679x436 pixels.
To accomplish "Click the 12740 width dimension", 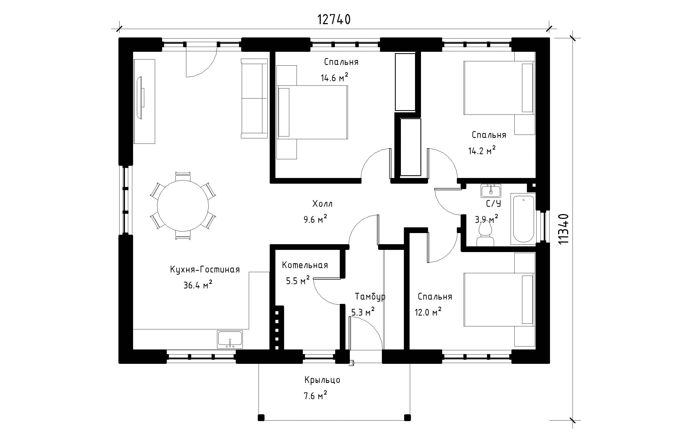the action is [x=334, y=20].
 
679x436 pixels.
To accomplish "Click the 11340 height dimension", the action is [x=563, y=229].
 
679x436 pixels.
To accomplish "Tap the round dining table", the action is [x=183, y=206].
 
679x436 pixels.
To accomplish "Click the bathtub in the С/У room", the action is [x=523, y=219].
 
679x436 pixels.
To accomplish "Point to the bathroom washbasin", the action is [x=491, y=191].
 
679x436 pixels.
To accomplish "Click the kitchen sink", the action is [x=230, y=339].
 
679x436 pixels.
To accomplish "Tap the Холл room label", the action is [x=322, y=203].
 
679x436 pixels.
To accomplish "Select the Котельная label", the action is [x=305, y=265].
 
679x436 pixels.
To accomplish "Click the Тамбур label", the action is [x=370, y=297].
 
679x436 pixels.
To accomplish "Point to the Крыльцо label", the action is [x=322, y=380].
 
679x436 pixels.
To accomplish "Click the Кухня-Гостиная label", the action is [x=205, y=269].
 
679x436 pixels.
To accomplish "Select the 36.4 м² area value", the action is [x=198, y=285].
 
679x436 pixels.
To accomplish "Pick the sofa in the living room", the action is [x=254, y=98].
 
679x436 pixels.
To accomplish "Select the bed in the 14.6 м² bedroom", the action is [x=312, y=112].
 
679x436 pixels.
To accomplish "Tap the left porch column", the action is [x=261, y=418].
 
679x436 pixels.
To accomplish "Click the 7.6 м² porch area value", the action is [x=315, y=396].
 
